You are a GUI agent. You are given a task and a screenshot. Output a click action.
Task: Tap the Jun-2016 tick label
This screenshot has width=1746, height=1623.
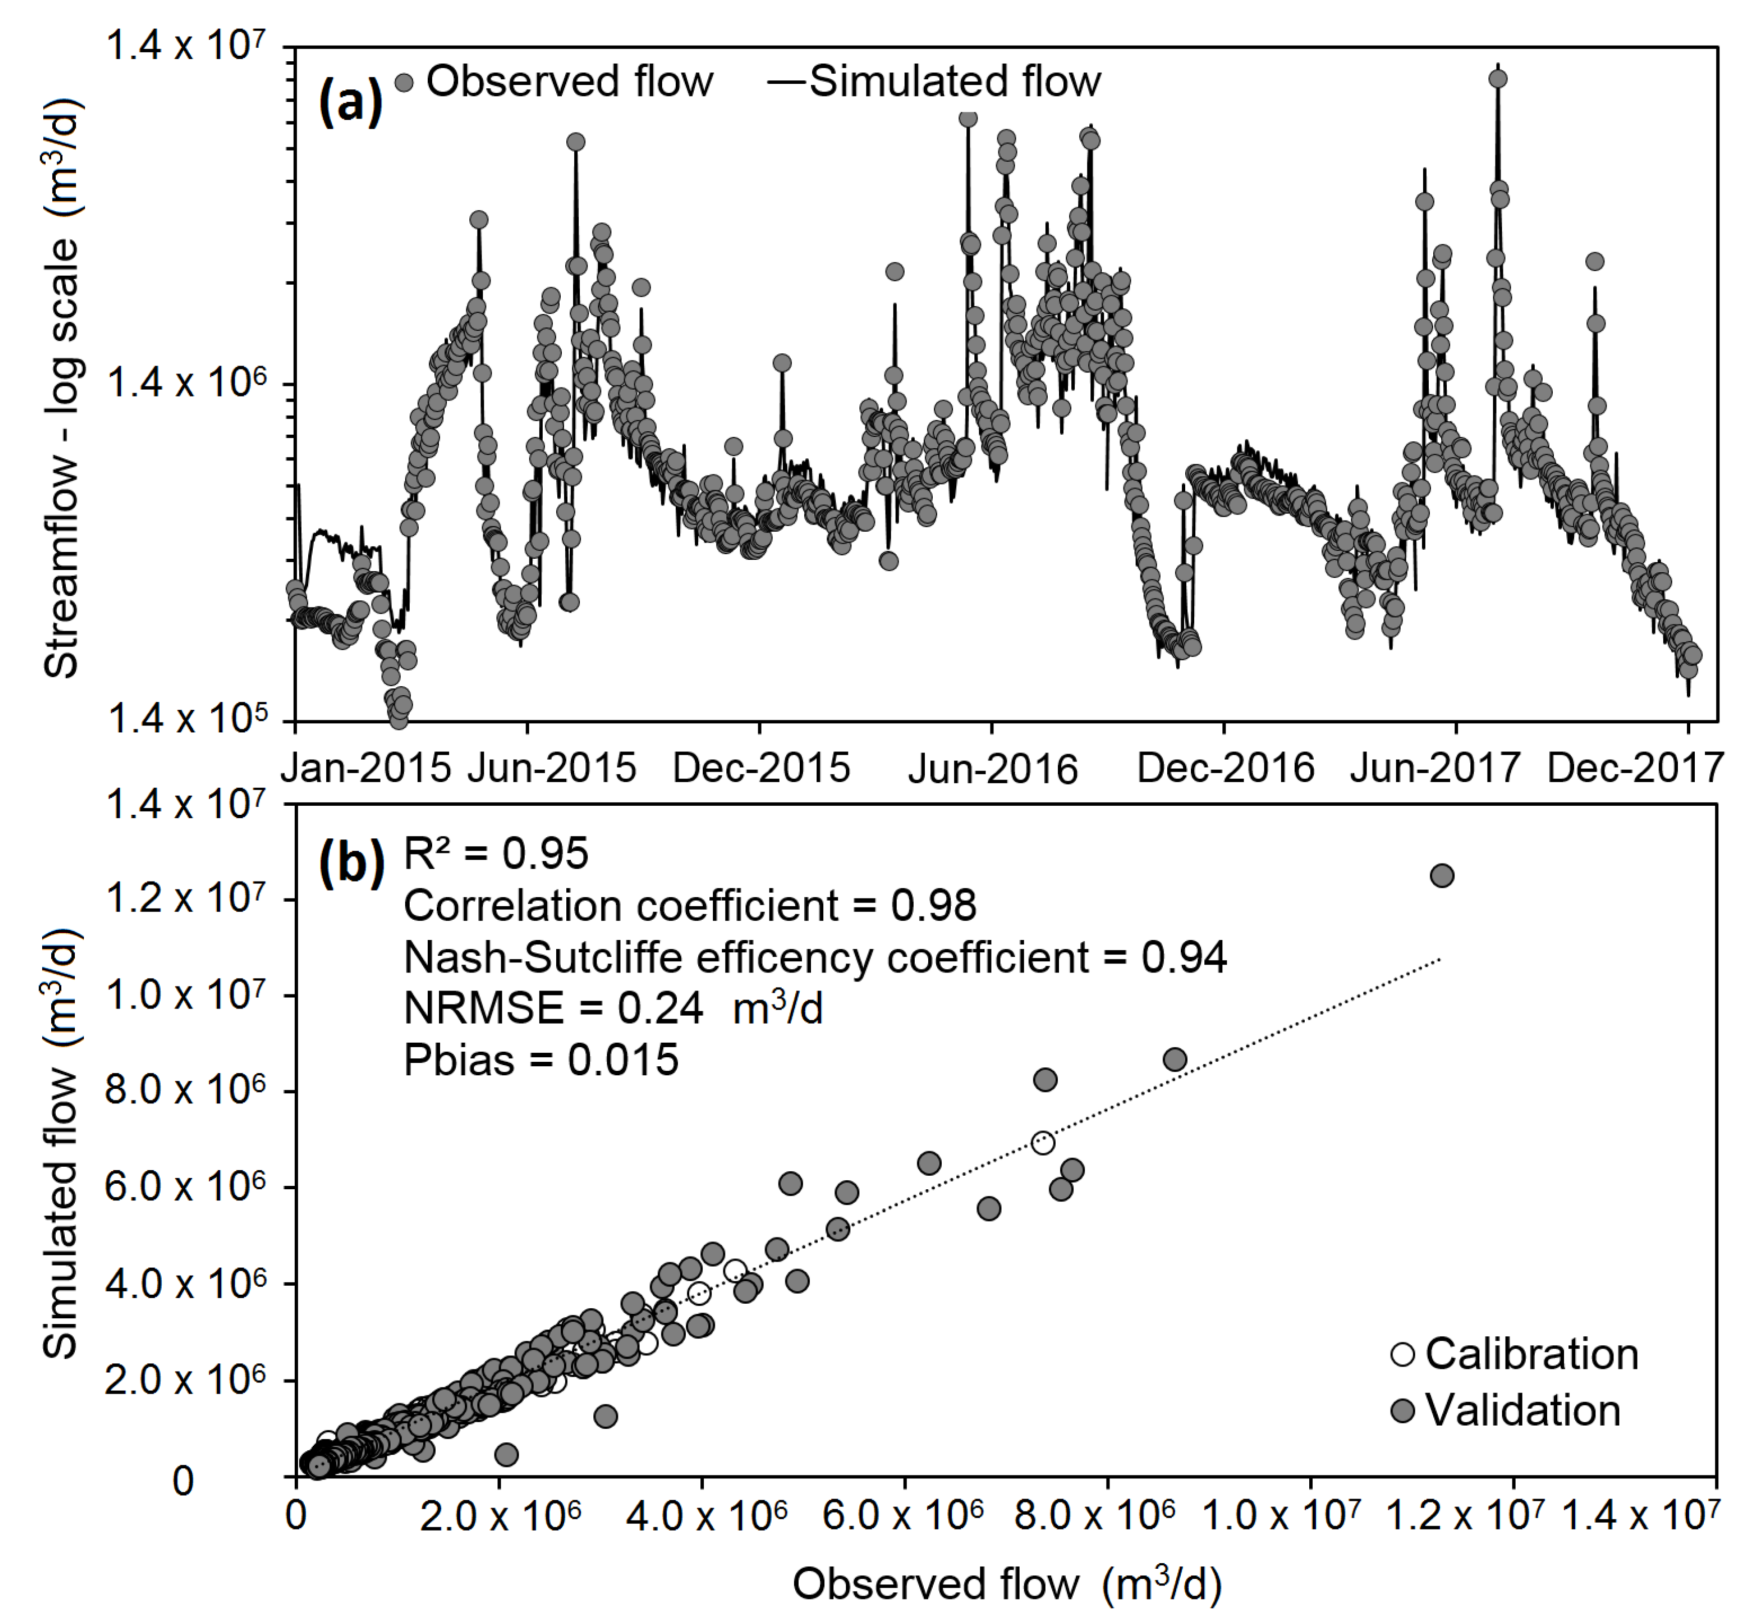(992, 770)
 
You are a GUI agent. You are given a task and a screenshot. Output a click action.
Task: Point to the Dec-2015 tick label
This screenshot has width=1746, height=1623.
(761, 769)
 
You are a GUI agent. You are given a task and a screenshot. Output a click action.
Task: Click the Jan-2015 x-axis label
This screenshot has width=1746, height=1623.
(365, 769)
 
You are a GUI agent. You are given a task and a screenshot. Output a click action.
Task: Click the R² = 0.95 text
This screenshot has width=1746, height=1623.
(496, 853)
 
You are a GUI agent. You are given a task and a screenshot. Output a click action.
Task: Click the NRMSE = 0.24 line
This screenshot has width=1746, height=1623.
(612, 1008)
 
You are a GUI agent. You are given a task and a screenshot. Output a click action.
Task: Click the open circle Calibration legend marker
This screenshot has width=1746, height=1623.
(1403, 1354)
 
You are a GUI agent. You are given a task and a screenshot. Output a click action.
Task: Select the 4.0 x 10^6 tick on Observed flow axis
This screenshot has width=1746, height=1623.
(706, 1517)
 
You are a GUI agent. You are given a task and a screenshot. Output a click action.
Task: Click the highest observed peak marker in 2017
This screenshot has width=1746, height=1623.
(1499, 79)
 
